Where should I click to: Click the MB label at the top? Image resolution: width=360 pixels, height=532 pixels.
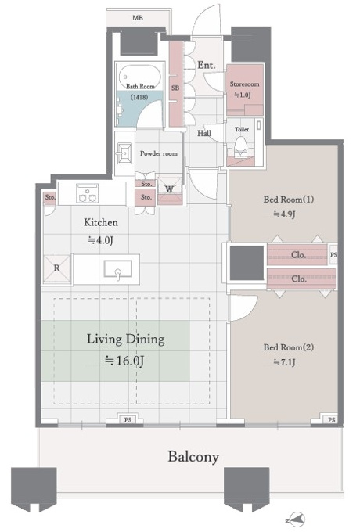coord(138,18)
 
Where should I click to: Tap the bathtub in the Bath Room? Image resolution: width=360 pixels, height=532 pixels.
coord(140,78)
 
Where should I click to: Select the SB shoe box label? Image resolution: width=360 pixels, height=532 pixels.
coord(175,88)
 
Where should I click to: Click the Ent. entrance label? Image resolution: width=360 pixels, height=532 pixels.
coord(207,65)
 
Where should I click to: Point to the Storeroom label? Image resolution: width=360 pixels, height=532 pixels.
coord(244,84)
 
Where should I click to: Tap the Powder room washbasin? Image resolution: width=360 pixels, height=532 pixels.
coord(124,153)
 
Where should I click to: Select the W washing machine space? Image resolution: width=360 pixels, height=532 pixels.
coord(170,189)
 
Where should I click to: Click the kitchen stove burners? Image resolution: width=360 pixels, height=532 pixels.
coord(87,193)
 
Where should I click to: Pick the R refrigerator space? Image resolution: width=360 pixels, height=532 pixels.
coord(57,268)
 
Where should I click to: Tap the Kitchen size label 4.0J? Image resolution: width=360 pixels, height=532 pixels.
coord(100,240)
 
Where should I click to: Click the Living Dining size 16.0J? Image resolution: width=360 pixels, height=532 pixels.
coord(124,361)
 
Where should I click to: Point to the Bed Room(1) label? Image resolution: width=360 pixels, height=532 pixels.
coord(289,199)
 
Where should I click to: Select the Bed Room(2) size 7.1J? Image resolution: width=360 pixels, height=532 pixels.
coord(284,362)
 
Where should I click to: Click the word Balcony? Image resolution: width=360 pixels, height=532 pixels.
coord(193,457)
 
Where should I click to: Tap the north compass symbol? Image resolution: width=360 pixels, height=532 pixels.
coord(296,519)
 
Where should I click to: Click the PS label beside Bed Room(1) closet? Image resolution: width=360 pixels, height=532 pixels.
coord(333,254)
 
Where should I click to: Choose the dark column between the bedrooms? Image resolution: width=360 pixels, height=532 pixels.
coord(247,264)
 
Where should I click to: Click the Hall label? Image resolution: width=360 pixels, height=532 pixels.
coord(204,133)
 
